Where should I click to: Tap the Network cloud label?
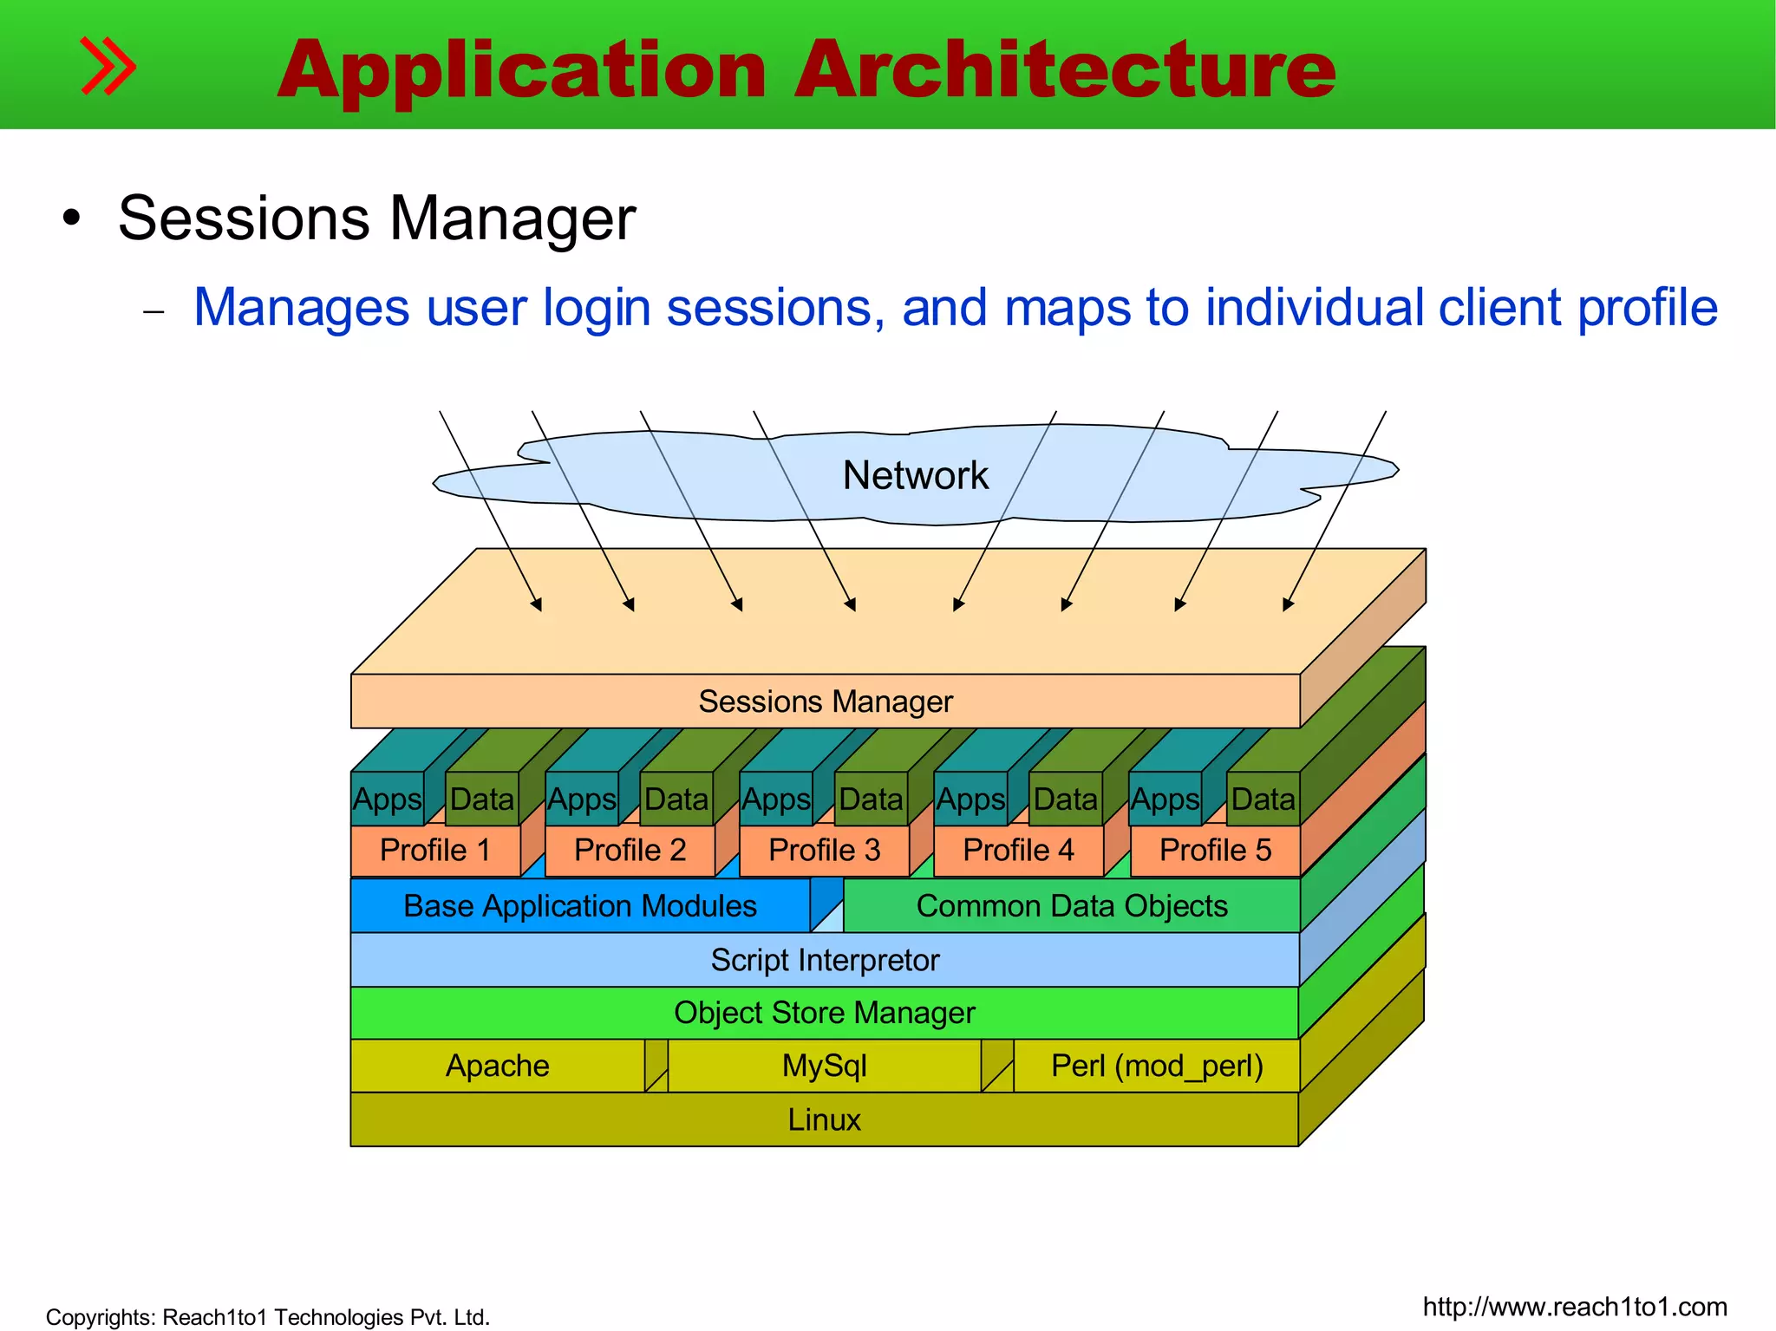point(915,475)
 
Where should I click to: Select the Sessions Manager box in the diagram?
point(825,701)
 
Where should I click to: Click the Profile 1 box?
point(435,850)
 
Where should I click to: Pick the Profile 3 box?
point(824,850)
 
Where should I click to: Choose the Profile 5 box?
point(1215,850)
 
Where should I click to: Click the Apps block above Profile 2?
point(582,799)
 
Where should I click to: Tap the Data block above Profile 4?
point(1066,799)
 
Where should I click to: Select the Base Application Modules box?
point(579,906)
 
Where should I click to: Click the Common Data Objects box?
point(1071,906)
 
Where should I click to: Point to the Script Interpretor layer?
point(825,960)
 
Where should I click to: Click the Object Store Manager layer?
point(825,1013)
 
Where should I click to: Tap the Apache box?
point(497,1066)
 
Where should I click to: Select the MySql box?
point(824,1066)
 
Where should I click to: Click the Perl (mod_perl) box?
point(1157,1066)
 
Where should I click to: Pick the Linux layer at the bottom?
point(824,1119)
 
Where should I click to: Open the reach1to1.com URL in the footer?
point(1575,1307)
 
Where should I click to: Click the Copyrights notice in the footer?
point(267,1317)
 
